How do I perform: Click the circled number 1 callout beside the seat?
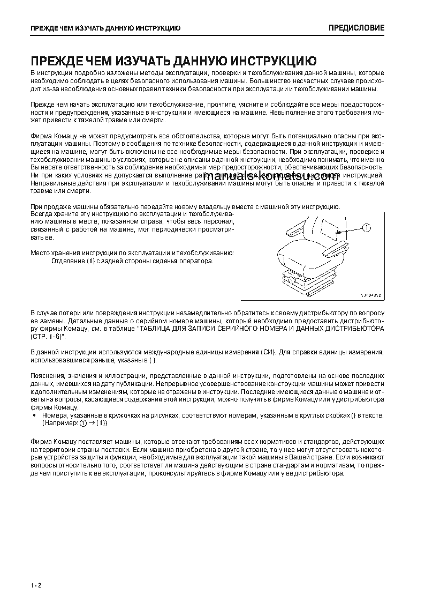coord(366,227)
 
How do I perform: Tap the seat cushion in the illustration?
coord(308,251)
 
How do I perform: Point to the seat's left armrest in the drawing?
coord(294,231)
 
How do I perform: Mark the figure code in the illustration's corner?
coord(370,295)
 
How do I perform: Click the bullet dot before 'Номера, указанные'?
coord(35,415)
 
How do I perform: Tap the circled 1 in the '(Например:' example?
coord(83,423)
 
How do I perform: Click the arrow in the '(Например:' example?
coord(92,423)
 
